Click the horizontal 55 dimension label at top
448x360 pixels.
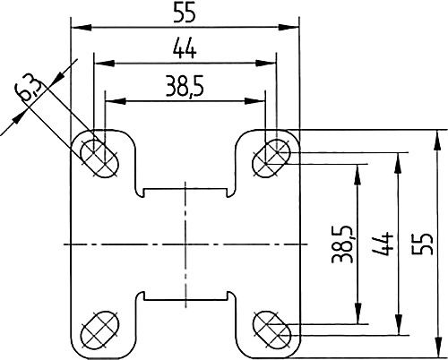(185, 13)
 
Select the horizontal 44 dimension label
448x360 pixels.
(185, 49)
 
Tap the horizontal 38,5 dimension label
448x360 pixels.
(185, 87)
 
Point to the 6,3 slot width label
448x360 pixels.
(29, 88)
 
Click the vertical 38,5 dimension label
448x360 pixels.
(342, 244)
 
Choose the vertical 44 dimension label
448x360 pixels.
(383, 244)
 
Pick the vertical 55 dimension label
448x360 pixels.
(422, 244)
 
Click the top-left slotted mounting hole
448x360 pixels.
(99, 159)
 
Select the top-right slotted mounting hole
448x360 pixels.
(271, 159)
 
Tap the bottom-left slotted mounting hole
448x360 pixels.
(99, 330)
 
